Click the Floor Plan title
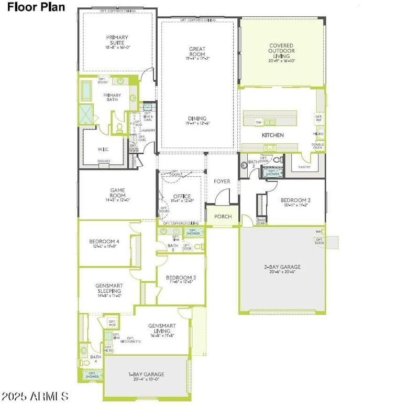tap(37, 7)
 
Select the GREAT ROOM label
tap(197, 51)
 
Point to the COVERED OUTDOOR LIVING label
tap(281, 51)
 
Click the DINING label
tap(197, 119)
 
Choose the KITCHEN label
tap(273, 135)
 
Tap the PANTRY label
tap(304, 167)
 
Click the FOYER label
tap(222, 182)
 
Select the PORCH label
tap(223, 216)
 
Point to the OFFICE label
tap(182, 197)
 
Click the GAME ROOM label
tap(117, 193)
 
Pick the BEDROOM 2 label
tap(295, 200)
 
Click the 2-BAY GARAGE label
tap(282, 267)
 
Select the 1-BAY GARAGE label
tap(146, 374)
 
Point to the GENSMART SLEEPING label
tap(108, 289)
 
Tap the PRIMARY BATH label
tap(111, 98)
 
